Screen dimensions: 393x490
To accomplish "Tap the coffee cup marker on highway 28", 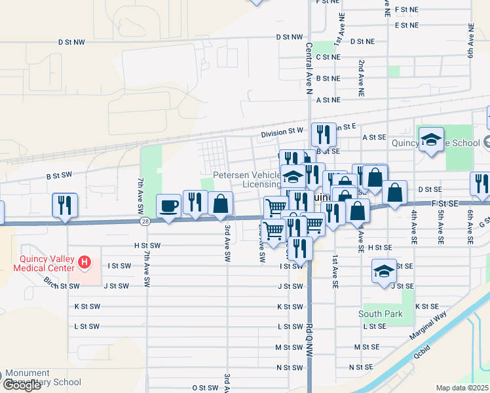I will tap(169, 206).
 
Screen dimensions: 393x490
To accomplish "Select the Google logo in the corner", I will tap(22, 386).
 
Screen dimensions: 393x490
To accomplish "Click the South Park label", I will tap(381, 314).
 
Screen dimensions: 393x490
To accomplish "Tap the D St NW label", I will tap(290, 37).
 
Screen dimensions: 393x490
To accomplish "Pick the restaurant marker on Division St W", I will tap(324, 134).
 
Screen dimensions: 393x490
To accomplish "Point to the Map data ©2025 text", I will tap(462, 388).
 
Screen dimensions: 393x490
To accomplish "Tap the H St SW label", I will tap(146, 245).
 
